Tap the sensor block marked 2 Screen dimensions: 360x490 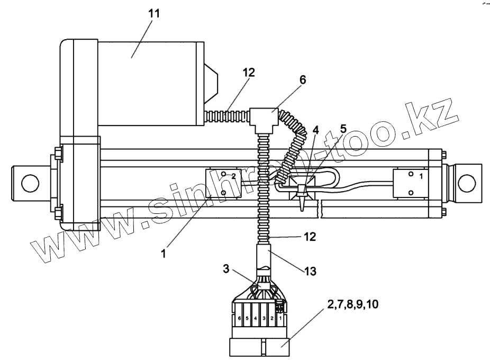coord(224,182)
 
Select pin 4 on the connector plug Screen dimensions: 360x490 coord(256,319)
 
